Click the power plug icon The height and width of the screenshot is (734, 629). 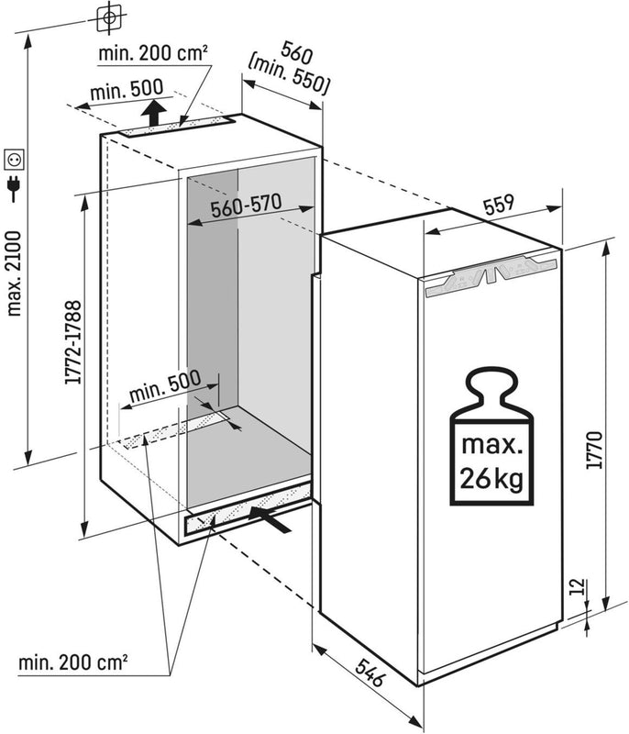pos(15,188)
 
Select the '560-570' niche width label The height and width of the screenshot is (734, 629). pos(245,208)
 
